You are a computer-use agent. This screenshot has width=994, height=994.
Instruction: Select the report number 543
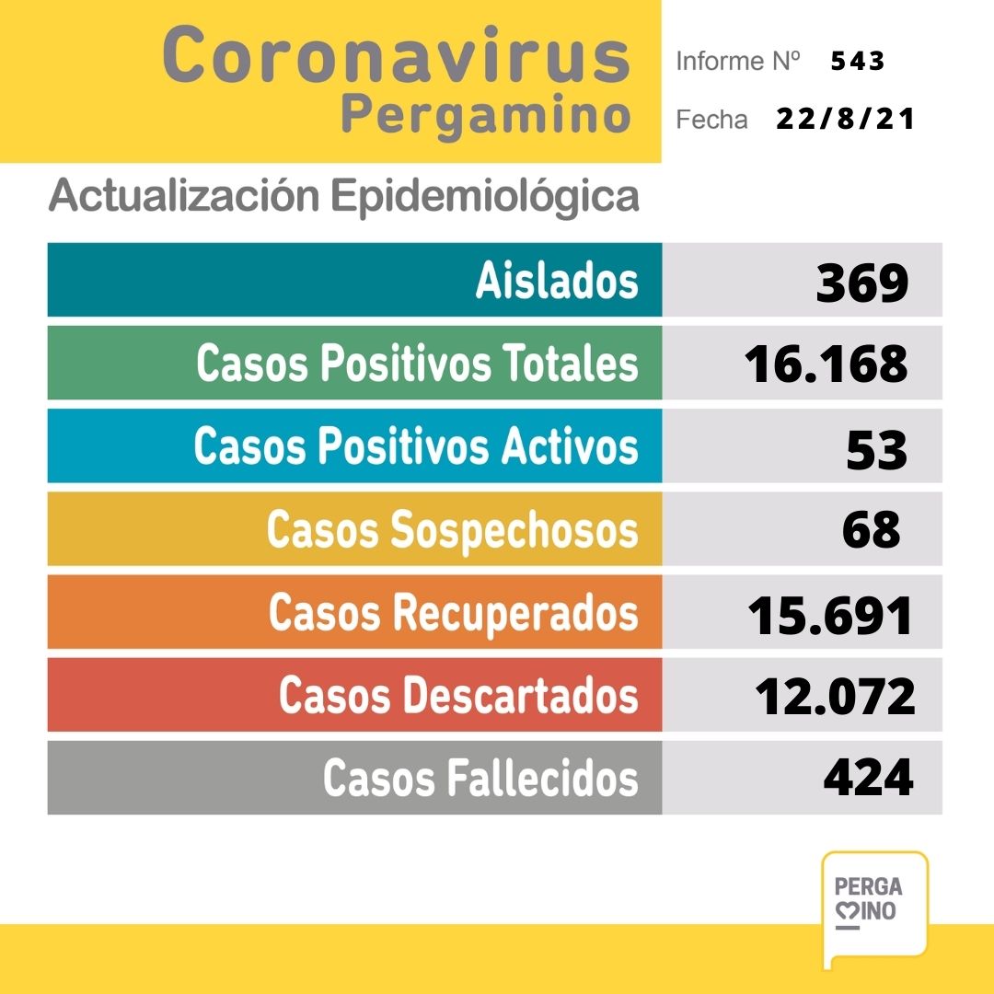(857, 62)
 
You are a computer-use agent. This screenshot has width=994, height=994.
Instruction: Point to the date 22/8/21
(845, 120)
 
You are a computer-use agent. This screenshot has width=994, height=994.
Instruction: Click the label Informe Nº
(737, 62)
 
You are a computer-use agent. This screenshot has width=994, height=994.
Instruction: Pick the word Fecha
(711, 121)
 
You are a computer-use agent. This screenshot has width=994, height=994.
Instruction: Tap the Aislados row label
(557, 280)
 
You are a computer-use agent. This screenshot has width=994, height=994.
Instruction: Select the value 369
(862, 282)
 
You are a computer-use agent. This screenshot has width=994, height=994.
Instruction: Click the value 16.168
(826, 364)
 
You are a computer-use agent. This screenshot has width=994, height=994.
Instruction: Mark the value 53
(876, 449)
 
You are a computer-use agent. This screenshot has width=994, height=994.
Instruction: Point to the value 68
(871, 530)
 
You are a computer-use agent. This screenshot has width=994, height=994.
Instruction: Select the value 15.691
(830, 615)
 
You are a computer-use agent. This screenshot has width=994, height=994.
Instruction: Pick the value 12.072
(835, 697)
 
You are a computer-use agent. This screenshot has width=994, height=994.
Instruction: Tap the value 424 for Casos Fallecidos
(868, 779)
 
